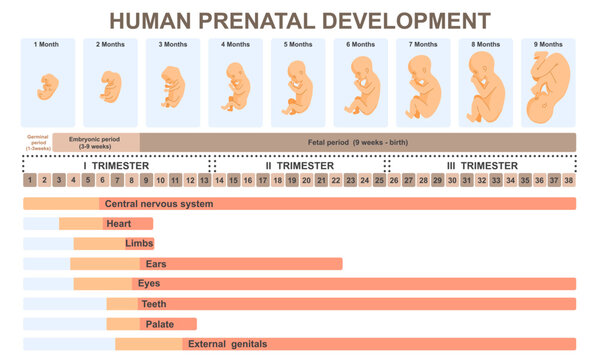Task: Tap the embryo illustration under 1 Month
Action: tap(46, 92)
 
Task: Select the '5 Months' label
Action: tap(298, 45)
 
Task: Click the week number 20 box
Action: tap(306, 181)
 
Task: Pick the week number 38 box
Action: tap(568, 181)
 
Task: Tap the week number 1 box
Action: tap(31, 181)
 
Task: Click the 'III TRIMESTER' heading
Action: tap(482, 165)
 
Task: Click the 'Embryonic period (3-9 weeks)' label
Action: tap(96, 142)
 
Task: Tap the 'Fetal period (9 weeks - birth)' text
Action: tap(357, 142)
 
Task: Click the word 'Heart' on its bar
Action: tap(119, 224)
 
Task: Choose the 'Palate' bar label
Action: tap(160, 324)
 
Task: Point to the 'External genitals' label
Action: tap(227, 344)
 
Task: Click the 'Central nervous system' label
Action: tap(159, 204)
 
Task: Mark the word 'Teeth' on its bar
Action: tap(154, 304)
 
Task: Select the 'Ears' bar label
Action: tap(156, 264)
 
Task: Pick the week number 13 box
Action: tap(205, 181)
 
